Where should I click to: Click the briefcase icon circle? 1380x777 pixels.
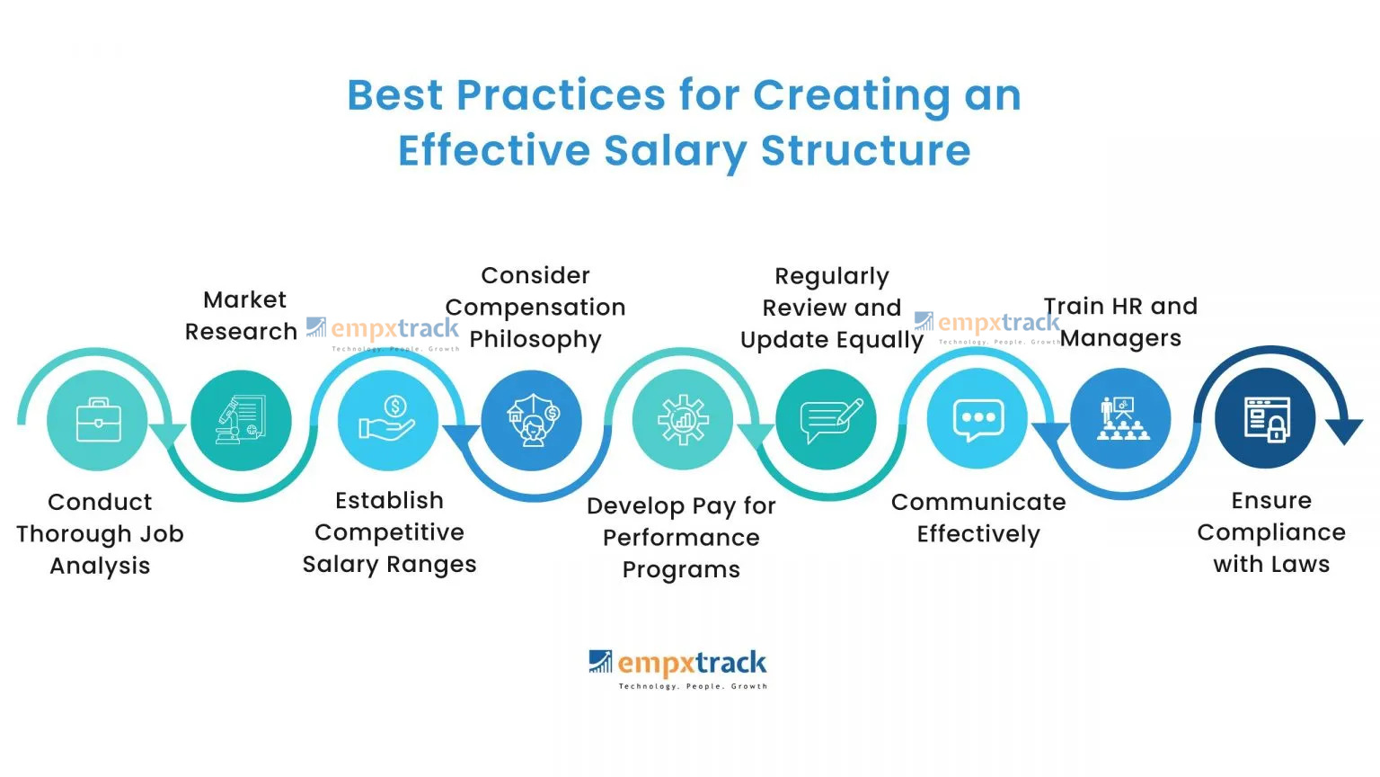click(98, 420)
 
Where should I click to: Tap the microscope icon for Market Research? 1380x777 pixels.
click(241, 420)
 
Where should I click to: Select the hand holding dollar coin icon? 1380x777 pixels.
click(387, 420)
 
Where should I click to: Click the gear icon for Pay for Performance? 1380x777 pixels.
click(682, 420)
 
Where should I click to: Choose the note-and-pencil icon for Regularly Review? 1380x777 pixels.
click(827, 420)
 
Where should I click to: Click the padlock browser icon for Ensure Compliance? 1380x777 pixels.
click(1265, 418)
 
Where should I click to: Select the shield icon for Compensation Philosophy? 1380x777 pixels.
click(532, 420)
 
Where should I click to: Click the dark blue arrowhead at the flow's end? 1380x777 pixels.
click(1344, 430)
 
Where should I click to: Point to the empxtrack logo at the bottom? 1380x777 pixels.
click(678, 668)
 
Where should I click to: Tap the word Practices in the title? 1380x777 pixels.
click(560, 95)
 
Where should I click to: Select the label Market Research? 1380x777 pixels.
click(242, 316)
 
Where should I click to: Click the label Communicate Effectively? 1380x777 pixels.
click(978, 518)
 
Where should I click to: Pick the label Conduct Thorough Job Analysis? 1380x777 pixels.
click(100, 533)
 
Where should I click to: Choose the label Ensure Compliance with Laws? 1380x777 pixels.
click(1271, 532)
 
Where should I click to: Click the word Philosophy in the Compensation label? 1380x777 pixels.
click(535, 339)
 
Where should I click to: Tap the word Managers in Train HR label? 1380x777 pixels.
click(1121, 338)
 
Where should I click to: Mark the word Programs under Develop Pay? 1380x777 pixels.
click(681, 570)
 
